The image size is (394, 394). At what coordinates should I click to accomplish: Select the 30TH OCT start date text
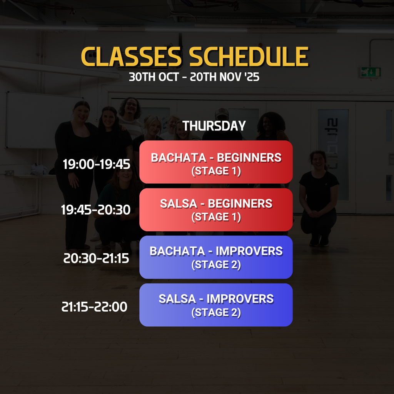point(154,77)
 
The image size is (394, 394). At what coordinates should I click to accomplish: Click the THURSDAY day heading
point(214,126)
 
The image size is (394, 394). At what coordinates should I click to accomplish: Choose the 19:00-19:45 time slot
point(97,164)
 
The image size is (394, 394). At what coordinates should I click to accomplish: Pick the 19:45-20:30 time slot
point(96,210)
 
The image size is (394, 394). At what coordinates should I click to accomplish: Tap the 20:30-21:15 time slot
point(96,258)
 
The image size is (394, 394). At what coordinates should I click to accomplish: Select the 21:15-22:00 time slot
point(95,307)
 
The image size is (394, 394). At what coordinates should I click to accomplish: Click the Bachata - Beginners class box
point(216,162)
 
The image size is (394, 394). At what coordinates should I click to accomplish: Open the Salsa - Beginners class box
point(216,210)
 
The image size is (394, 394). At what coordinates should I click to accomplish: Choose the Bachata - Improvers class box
point(216,257)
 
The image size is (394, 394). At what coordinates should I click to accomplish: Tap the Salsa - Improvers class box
point(216,305)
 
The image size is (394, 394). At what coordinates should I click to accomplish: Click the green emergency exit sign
point(371,72)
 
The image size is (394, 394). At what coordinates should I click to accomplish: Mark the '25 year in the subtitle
point(252,77)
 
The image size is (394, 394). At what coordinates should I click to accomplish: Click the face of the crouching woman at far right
point(319,161)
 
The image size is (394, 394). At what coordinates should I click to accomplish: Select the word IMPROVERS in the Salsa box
point(240,299)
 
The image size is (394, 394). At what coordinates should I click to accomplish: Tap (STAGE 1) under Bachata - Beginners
point(216,171)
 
